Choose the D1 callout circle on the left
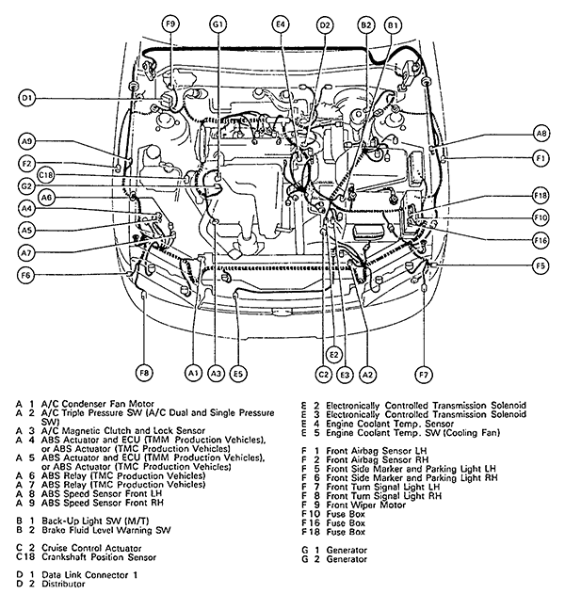click(26, 97)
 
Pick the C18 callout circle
click(46, 175)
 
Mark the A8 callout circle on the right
click(541, 134)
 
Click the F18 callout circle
click(540, 195)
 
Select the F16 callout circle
click(540, 241)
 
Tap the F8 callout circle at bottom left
click(144, 374)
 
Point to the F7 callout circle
click(423, 374)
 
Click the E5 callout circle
click(238, 374)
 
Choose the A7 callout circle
click(26, 253)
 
